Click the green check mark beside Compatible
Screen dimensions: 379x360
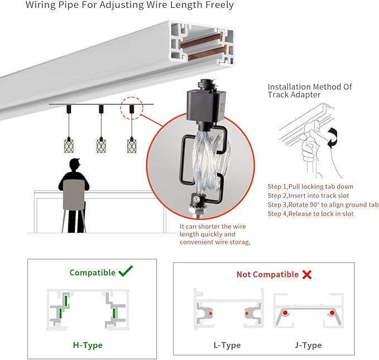[x=126, y=271]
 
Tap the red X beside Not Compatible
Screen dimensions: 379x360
[x=307, y=275]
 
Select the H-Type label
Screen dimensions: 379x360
[x=88, y=345]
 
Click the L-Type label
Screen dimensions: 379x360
[x=227, y=345]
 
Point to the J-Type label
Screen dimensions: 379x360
[x=308, y=345]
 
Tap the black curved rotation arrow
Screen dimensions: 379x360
[x=333, y=138]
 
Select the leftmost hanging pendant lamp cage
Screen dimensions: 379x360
[x=69, y=145]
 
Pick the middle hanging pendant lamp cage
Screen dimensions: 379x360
[x=101, y=145]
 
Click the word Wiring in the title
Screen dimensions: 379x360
[x=40, y=5]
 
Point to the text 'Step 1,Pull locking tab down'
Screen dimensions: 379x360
[x=310, y=186]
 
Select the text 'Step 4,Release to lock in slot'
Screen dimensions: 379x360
[x=310, y=214]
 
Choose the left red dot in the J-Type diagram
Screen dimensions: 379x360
[x=285, y=313]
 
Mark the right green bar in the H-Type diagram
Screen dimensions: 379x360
[x=114, y=313]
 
